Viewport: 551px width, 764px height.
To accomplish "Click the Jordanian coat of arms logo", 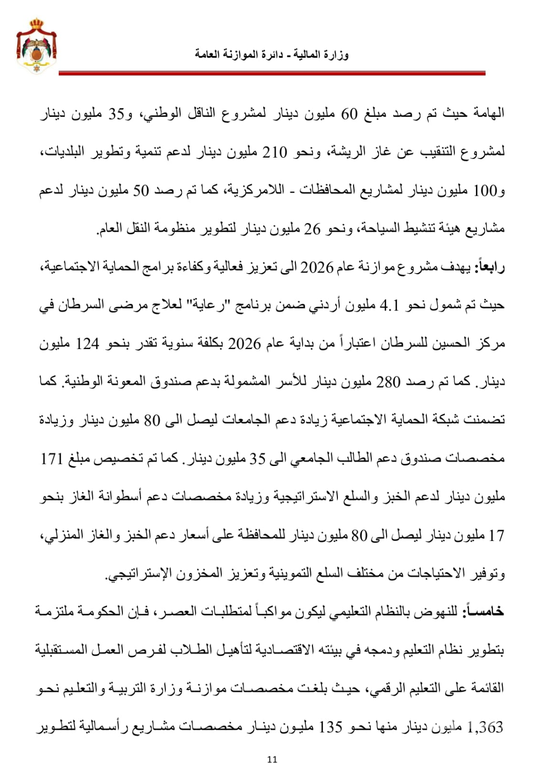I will pos(36,46).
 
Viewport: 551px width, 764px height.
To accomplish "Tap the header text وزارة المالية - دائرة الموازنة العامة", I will pos(271,54).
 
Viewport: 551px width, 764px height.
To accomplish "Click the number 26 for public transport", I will pos(313,229).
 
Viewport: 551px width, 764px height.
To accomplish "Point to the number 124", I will pos(87,344).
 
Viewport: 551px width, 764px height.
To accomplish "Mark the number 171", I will pos(52,459).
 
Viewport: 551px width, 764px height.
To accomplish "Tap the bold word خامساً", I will pos(484,612).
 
